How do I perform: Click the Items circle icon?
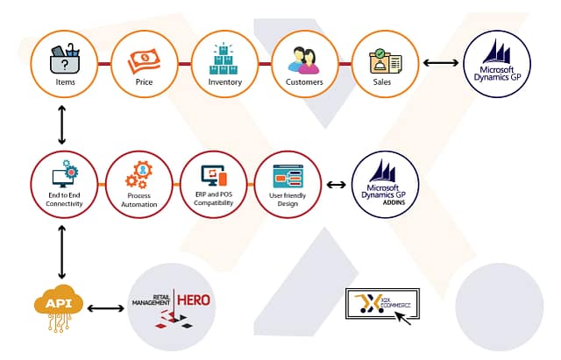point(63,63)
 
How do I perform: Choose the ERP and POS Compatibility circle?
point(214,185)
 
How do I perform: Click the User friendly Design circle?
point(288,185)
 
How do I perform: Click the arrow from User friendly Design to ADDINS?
point(337,185)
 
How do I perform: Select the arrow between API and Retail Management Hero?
point(106,307)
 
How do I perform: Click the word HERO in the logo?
point(193,300)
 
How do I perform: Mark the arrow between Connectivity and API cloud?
point(61,251)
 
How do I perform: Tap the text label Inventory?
point(224,82)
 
